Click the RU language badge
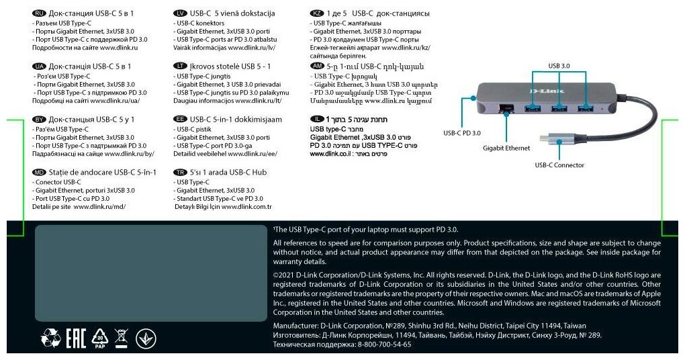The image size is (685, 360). (x=39, y=13)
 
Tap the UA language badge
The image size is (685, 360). (x=39, y=66)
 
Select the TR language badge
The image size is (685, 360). (x=180, y=172)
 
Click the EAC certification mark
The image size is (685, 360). (x=77, y=338)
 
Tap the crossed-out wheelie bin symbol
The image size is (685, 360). (x=121, y=336)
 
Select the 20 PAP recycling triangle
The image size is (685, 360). (x=100, y=338)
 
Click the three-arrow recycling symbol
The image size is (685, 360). (x=51, y=338)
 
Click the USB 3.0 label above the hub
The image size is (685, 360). (x=559, y=66)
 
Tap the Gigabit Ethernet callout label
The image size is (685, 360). (x=506, y=148)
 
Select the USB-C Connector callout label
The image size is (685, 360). (x=559, y=165)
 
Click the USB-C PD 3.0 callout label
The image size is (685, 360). (x=462, y=133)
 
